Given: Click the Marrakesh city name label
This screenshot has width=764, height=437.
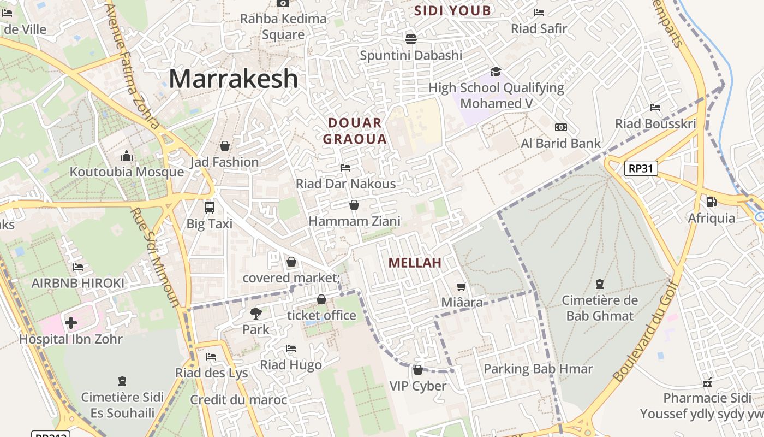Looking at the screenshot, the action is pyautogui.click(x=233, y=79).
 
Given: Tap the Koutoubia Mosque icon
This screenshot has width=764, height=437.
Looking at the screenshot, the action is pyautogui.click(x=127, y=156).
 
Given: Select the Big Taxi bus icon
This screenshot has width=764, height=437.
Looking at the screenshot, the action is pyautogui.click(x=210, y=208).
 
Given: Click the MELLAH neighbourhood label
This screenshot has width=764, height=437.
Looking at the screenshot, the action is pyautogui.click(x=415, y=263).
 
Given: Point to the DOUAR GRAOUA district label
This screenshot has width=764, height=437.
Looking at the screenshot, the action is pyautogui.click(x=355, y=131).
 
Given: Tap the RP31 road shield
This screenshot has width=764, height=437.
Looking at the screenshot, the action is pyautogui.click(x=641, y=168).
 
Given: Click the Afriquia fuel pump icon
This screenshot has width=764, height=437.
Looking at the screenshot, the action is pyautogui.click(x=711, y=202).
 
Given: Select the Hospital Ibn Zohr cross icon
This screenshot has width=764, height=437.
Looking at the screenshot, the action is pyautogui.click(x=71, y=323).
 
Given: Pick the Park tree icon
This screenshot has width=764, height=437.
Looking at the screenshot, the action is pyautogui.click(x=255, y=314).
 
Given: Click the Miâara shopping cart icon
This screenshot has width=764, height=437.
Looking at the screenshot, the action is pyautogui.click(x=462, y=286).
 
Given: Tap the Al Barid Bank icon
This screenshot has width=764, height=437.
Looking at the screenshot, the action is pyautogui.click(x=560, y=127).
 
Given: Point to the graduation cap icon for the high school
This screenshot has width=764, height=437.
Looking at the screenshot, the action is pyautogui.click(x=496, y=72).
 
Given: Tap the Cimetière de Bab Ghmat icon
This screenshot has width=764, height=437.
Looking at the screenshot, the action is pyautogui.click(x=599, y=284).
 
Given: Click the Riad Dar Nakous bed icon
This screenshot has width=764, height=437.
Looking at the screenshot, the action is pyautogui.click(x=345, y=168).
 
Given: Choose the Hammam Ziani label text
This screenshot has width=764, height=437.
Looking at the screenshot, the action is pyautogui.click(x=355, y=221).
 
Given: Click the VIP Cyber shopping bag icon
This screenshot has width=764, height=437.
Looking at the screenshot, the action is pyautogui.click(x=418, y=370).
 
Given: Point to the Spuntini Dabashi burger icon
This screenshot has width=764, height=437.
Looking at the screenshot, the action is pyautogui.click(x=411, y=39).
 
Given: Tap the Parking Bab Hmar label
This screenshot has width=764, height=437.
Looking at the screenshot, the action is pyautogui.click(x=538, y=369).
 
